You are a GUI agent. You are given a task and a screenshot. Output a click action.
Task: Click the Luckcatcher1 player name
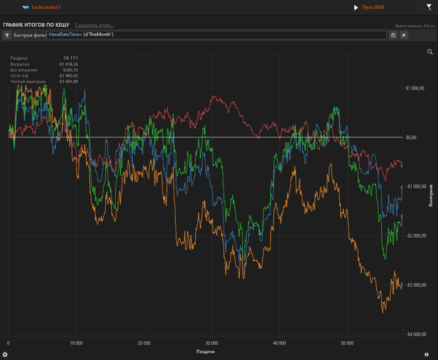(x=49, y=7)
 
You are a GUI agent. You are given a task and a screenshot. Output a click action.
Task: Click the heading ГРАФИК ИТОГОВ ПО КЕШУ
(x=36, y=24)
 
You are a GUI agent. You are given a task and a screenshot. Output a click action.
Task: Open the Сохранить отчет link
(x=94, y=25)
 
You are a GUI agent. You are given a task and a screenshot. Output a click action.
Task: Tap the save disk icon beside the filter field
(x=393, y=35)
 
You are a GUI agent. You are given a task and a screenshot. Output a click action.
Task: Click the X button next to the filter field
(x=404, y=35)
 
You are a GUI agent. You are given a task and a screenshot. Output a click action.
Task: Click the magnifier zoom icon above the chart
(x=429, y=52)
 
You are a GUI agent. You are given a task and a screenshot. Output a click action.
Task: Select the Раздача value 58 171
(x=70, y=58)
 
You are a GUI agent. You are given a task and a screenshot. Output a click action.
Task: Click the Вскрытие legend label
(x=19, y=64)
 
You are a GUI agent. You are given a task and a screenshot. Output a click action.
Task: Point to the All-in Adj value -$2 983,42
(x=68, y=76)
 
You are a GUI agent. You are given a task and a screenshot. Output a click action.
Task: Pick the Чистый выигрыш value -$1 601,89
(x=68, y=81)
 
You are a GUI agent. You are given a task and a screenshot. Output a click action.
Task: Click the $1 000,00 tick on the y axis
(x=414, y=88)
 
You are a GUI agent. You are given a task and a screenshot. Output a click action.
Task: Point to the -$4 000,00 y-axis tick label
(x=414, y=334)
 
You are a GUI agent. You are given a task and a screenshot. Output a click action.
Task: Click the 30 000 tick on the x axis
(x=211, y=343)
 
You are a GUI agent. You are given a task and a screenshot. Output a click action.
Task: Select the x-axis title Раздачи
(x=206, y=352)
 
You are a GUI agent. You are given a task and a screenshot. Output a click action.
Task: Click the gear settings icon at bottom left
(x=5, y=354)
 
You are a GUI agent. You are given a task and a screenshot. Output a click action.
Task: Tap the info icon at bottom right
(x=426, y=354)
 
